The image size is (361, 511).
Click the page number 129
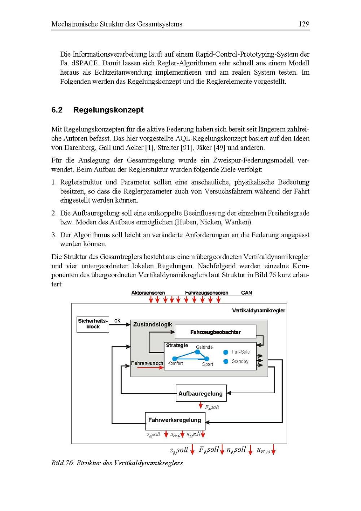(304, 24)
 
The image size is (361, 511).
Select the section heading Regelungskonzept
(108, 110)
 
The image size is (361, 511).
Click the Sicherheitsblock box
(93, 324)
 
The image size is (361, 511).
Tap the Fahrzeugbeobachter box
(215, 332)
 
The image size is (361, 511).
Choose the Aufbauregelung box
(201, 394)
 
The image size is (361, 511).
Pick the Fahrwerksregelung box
(175, 420)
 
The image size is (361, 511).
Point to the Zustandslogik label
(153, 324)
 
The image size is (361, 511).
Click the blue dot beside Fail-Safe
(226, 352)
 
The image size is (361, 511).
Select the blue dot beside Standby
(226, 361)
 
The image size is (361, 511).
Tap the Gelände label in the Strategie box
(204, 347)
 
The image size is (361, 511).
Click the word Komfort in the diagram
(175, 363)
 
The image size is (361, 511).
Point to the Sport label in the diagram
(208, 364)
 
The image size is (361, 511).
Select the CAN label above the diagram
(247, 293)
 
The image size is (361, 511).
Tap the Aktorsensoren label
(148, 293)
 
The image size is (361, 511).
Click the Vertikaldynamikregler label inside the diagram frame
(258, 310)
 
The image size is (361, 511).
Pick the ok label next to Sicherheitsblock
(117, 320)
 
